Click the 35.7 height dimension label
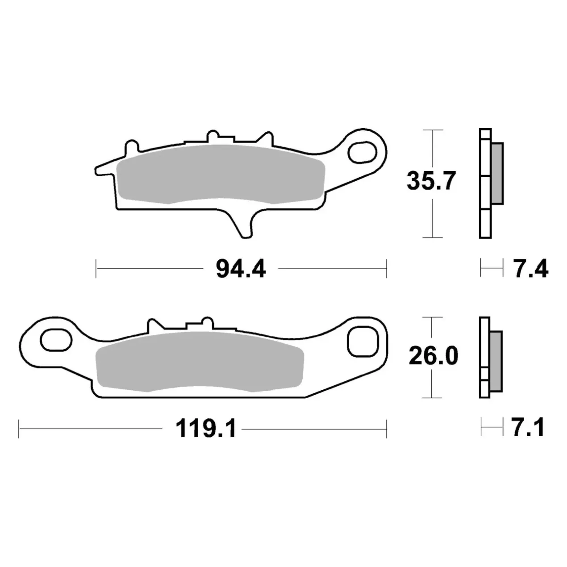click(431, 181)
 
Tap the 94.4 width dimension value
click(241, 269)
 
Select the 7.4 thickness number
click(530, 268)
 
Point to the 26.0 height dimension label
click(434, 356)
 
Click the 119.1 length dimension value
click(206, 429)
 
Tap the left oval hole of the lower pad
click(56, 340)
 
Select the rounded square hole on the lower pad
click(362, 342)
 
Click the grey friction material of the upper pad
click(221, 174)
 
